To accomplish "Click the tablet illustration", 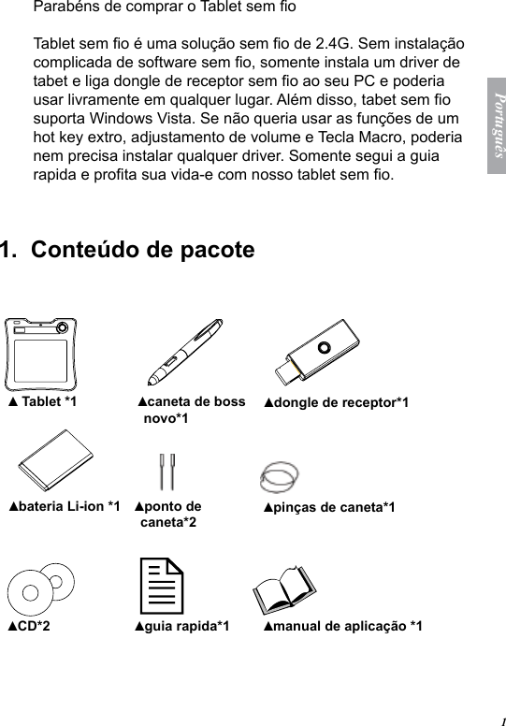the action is click(x=40, y=354).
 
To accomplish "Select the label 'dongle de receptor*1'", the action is click(x=336, y=403).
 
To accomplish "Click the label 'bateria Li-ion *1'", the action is click(x=64, y=506).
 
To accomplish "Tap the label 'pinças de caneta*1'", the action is click(x=329, y=507).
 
